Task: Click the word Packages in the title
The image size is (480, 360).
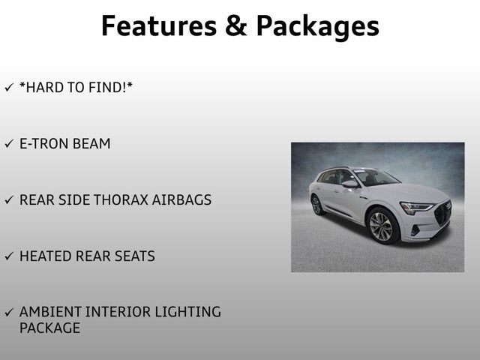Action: (317, 27)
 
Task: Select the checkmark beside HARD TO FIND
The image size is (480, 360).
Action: (9, 88)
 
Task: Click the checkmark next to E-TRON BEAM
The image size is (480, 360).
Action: (9, 144)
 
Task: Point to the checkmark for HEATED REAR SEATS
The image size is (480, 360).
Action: (9, 256)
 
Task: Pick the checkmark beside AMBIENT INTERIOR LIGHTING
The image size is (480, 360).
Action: (9, 312)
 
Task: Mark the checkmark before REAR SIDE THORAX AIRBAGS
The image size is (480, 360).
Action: (9, 200)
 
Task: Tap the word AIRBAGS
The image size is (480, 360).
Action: (184, 200)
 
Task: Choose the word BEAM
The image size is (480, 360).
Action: (91, 144)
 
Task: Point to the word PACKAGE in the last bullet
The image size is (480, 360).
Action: (49, 328)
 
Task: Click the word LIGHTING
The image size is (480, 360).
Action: (188, 312)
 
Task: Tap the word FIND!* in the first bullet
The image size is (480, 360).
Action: (112, 88)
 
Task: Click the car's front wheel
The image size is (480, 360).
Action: (381, 226)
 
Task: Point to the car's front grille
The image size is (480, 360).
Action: (442, 213)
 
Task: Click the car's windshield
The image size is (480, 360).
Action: (376, 178)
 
